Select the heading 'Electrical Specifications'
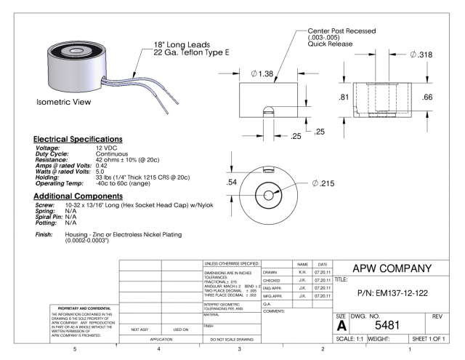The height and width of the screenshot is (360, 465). click(x=77, y=139)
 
